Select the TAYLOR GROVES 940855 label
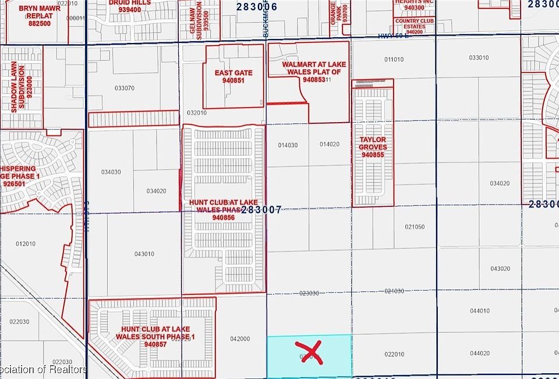pos(373,147)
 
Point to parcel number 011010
pos(394,59)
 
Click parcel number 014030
pos(288,145)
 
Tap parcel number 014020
pos(330,144)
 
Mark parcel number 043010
pos(144,254)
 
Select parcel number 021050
pos(415,227)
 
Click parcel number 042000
pos(240,339)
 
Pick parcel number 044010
pos(480,311)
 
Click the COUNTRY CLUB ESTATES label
pos(415,27)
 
